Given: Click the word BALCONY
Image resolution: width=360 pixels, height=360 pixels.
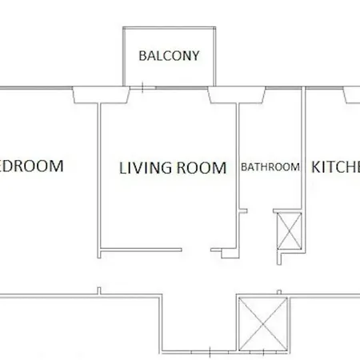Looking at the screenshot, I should tap(169, 57).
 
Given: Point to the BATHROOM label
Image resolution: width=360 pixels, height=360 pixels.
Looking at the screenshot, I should tap(270, 168).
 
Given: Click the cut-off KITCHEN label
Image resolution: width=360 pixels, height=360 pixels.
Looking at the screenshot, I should tap(335, 167).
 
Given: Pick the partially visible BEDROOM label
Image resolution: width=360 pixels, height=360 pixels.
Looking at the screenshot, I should tap(31, 166).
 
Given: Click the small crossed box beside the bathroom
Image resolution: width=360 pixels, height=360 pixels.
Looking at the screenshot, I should tap(287, 230).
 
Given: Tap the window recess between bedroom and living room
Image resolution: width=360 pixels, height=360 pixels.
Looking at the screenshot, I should tap(101, 95).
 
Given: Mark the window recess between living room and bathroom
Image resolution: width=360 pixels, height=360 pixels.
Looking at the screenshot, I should tap(238, 95).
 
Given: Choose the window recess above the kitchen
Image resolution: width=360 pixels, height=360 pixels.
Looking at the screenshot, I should tap(353, 94).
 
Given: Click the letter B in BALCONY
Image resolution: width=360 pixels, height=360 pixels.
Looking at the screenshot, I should tap(142, 57).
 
